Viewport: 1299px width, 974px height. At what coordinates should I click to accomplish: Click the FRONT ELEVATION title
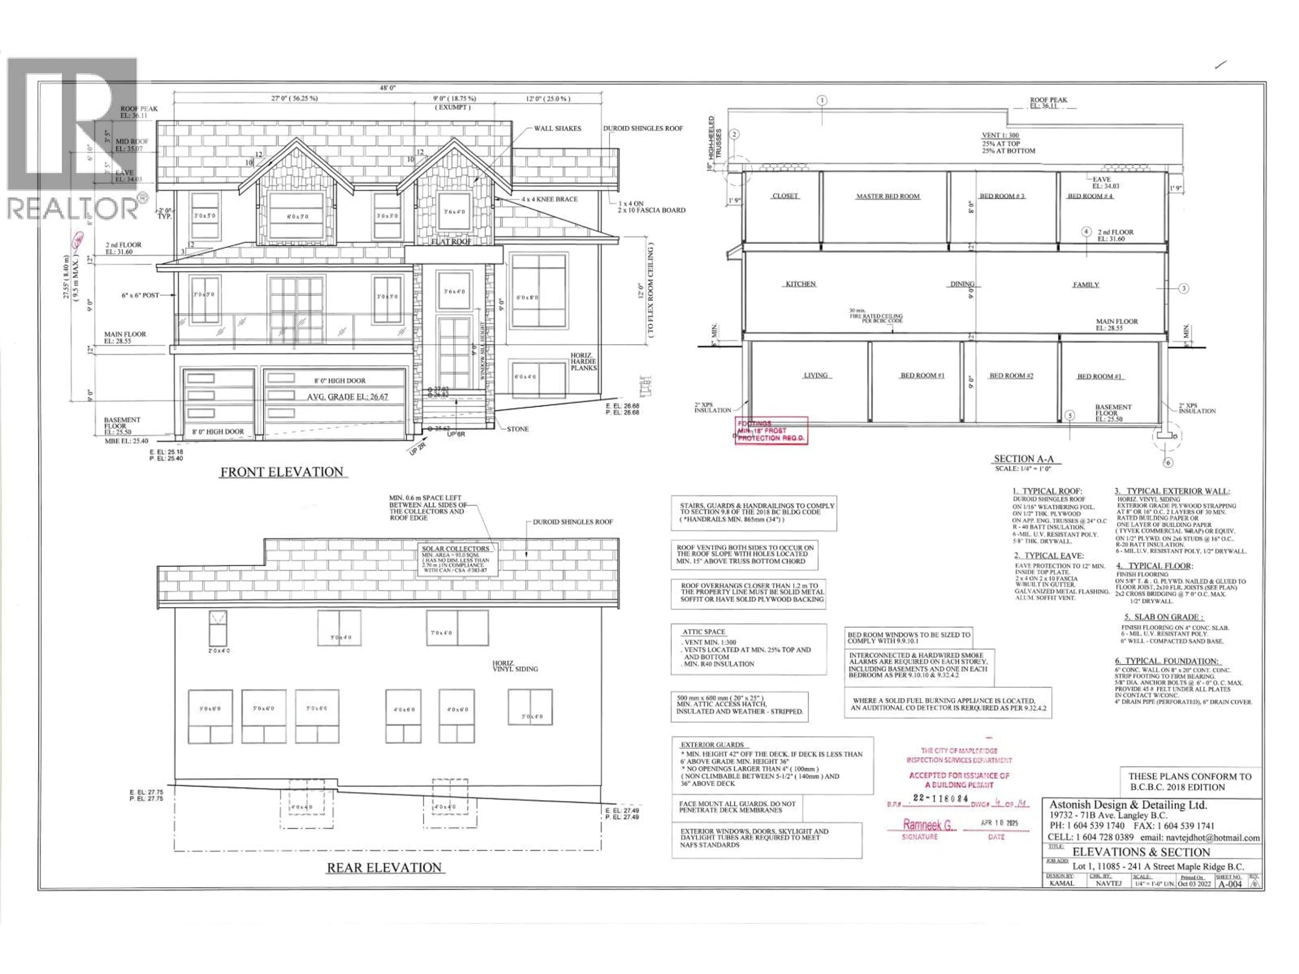(x=282, y=472)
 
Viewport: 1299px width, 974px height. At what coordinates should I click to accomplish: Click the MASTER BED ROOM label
(x=887, y=197)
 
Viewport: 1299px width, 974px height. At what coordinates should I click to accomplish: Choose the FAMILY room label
(x=1086, y=285)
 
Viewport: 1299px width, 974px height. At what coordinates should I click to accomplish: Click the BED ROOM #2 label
(x=1011, y=376)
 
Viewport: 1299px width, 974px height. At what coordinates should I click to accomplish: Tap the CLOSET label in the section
(x=785, y=196)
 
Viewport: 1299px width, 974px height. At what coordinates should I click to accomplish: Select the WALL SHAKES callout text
(x=557, y=129)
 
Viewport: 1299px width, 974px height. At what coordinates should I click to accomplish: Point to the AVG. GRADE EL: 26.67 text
(x=347, y=397)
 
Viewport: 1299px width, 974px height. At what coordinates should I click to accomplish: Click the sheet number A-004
(x=1230, y=884)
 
